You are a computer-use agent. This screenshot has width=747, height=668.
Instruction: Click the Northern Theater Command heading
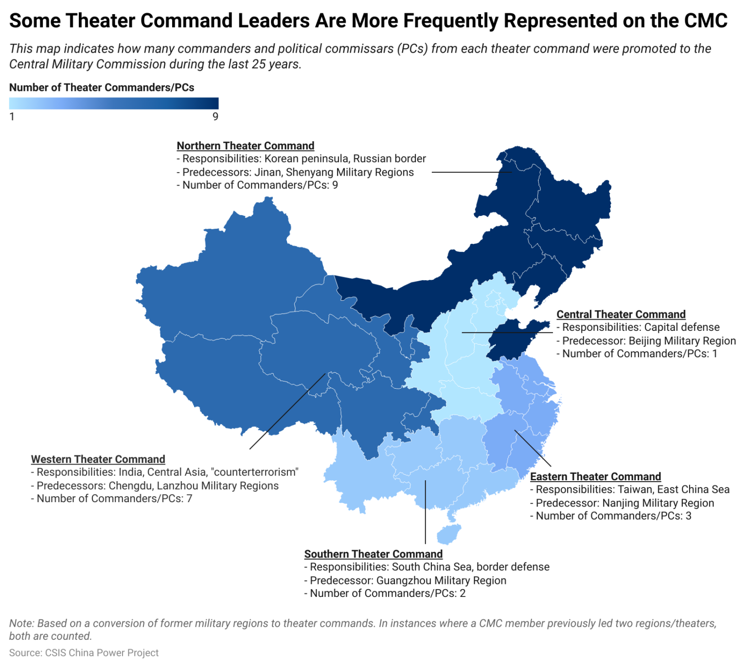tap(245, 146)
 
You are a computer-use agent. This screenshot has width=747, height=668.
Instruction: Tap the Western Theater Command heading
tap(98, 459)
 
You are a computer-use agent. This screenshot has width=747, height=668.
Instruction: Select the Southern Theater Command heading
tap(373, 554)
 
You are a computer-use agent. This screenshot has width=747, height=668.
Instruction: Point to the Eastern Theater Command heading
tap(595, 477)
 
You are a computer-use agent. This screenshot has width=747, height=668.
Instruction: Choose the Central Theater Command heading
tap(621, 315)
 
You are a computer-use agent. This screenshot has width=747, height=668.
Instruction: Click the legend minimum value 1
tap(12, 117)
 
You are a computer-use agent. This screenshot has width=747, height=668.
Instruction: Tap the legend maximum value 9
tap(215, 117)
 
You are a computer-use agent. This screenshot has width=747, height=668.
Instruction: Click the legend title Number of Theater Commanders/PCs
tap(102, 88)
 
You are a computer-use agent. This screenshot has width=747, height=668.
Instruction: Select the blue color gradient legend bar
tap(114, 103)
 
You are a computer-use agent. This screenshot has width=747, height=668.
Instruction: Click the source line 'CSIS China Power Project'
tap(84, 653)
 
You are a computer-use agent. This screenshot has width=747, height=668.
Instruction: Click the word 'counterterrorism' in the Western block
tap(255, 472)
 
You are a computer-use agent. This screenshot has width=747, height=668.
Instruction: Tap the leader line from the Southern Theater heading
tap(425, 511)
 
